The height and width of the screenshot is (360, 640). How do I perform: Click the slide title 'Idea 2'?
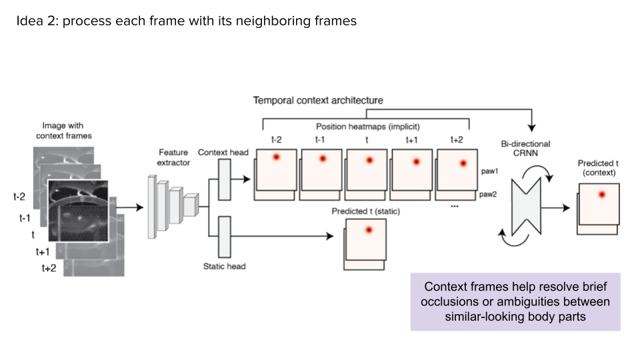(186, 21)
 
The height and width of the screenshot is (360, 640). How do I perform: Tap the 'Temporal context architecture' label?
(318, 101)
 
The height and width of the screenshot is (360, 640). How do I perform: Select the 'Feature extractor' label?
(174, 157)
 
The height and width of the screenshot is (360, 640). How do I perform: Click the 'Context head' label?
(223, 153)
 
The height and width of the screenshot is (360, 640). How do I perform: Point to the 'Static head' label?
(224, 266)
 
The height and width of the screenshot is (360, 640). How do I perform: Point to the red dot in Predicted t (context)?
(602, 194)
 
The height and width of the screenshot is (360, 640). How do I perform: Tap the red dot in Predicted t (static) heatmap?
(368, 230)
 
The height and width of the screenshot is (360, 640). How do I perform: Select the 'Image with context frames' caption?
(63, 131)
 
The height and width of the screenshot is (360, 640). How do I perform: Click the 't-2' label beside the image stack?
(20, 197)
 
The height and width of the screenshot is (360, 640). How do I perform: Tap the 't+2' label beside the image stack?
(49, 268)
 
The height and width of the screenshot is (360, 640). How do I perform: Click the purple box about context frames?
(515, 301)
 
